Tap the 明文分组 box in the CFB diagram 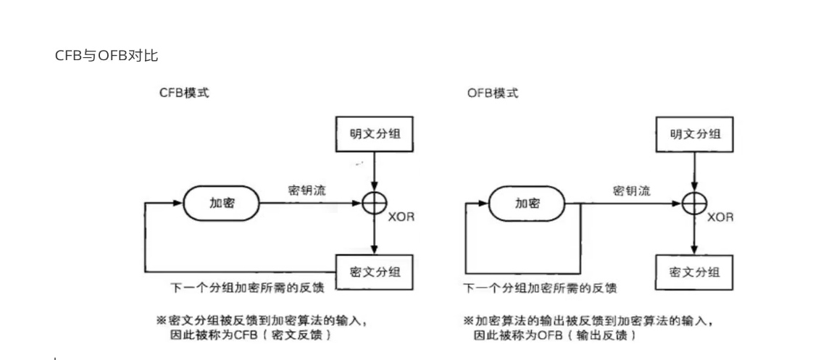click(x=374, y=133)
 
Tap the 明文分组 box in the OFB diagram click(x=693, y=133)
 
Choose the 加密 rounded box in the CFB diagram click(x=222, y=204)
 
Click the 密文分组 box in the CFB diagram click(x=374, y=272)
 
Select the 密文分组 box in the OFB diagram click(x=693, y=272)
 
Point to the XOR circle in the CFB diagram click(x=374, y=204)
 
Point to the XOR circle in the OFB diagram click(x=693, y=204)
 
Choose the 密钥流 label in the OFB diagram click(x=631, y=191)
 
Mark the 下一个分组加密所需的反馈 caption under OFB click(x=541, y=288)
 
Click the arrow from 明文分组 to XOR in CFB click(x=374, y=170)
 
